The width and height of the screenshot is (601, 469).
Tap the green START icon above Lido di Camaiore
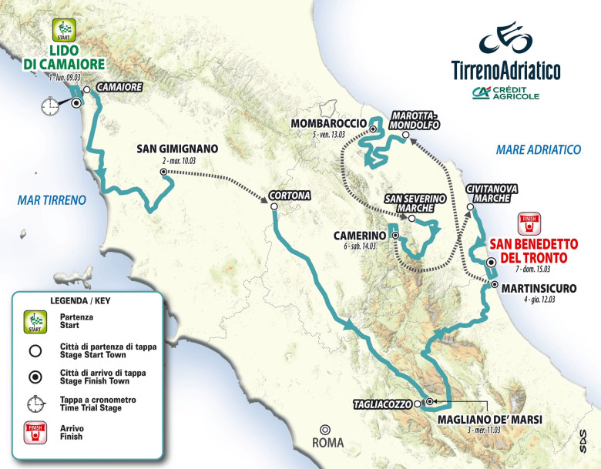(x=62, y=31)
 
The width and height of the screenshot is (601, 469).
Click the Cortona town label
(x=290, y=196)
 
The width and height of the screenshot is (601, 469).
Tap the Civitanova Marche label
(x=492, y=193)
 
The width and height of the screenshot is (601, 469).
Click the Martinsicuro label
(x=539, y=288)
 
